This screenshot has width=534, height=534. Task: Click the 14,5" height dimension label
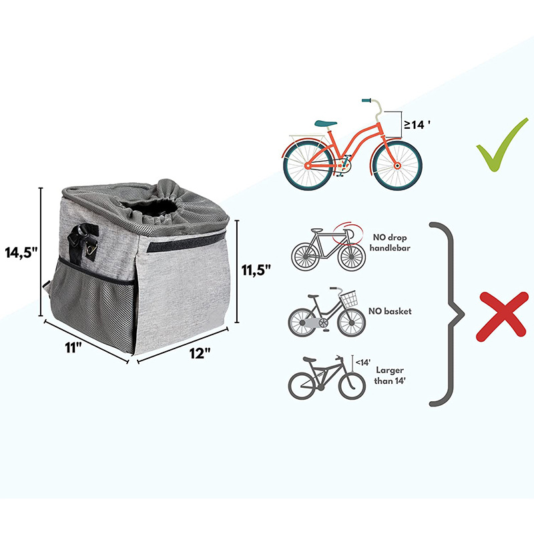click(21, 254)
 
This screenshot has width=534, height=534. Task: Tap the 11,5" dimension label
click(256, 270)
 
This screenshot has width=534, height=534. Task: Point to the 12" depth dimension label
click(199, 354)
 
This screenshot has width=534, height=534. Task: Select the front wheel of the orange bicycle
click(396, 164)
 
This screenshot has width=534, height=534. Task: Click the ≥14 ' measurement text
click(413, 124)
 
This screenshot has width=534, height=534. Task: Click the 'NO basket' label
click(389, 311)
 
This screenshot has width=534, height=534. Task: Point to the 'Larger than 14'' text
click(390, 375)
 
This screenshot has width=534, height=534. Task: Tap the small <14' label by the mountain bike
click(363, 362)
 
